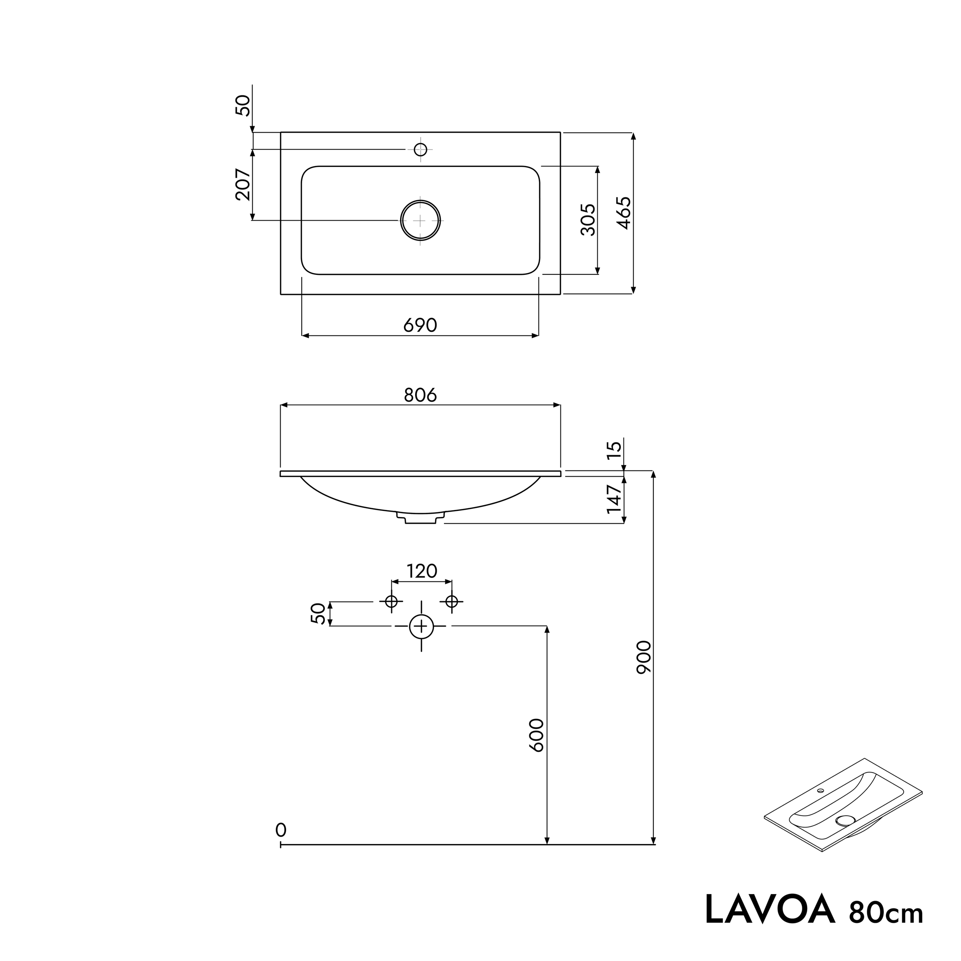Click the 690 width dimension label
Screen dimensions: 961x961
pos(420,325)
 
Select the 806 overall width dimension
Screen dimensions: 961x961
pos(420,395)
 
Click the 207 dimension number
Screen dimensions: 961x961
pos(243,185)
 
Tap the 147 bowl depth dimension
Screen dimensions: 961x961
pos(615,499)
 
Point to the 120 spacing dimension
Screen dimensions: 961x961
pos(422,572)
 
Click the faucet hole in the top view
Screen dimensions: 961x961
pos(420,149)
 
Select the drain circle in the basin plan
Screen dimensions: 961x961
pos(420,220)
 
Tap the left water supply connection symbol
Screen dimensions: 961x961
pos(391,602)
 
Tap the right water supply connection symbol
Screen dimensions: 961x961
pos(452,602)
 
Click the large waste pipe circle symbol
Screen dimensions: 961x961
pos(421,626)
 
